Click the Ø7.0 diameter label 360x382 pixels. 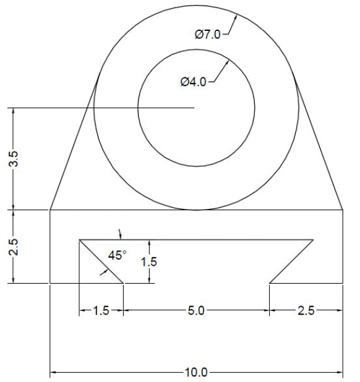pyautogui.click(x=207, y=35)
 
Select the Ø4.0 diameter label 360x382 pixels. pyautogui.click(x=193, y=82)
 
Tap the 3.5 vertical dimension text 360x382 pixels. pyautogui.click(x=20, y=159)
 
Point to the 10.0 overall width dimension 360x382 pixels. pyautogui.click(x=196, y=373)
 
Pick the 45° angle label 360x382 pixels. pyautogui.click(x=117, y=255)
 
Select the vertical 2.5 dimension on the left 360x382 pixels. pyautogui.click(x=20, y=247)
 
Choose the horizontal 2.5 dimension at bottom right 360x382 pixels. pyautogui.click(x=306, y=311)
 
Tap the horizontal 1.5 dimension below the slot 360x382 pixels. pyautogui.click(x=101, y=311)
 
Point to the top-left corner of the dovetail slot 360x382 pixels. pyautogui.click(x=79, y=239)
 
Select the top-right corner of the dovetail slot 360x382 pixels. pyautogui.click(x=313, y=239)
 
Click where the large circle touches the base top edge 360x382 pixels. pyautogui.click(x=196, y=210)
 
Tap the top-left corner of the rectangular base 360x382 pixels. pyautogui.click(x=49, y=210)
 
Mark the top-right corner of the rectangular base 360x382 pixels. pyautogui.click(x=343, y=210)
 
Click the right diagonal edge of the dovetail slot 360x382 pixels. pyautogui.click(x=291, y=261)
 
